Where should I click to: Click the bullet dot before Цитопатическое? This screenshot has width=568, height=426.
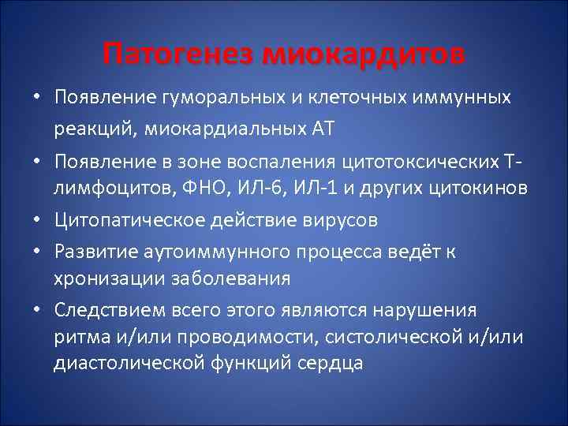pyautogui.click(x=36, y=222)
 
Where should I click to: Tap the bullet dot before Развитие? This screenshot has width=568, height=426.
pyautogui.click(x=36, y=251)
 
